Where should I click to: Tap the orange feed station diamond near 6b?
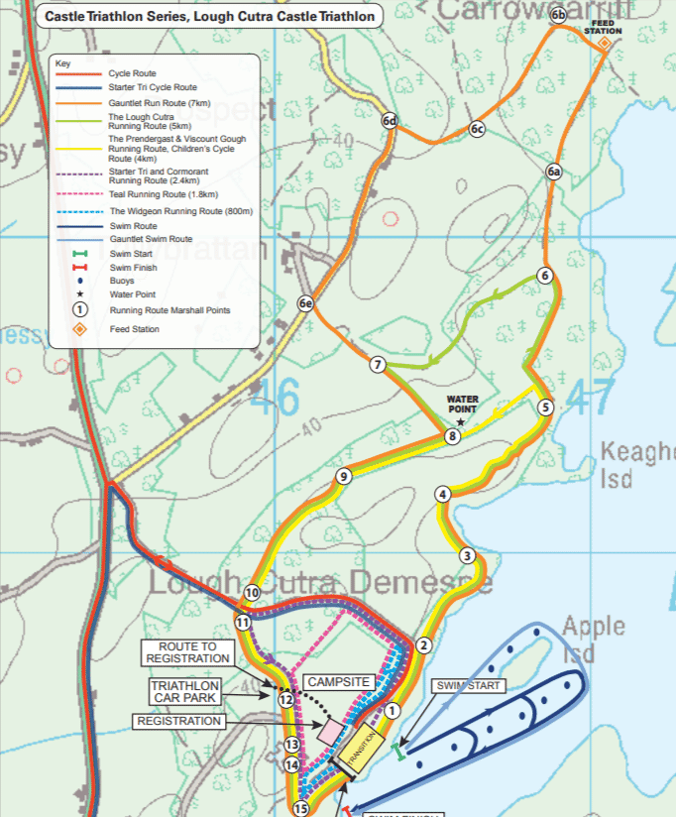603,43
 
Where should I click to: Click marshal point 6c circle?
477,129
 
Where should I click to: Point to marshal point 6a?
554,173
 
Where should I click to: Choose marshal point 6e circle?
306,303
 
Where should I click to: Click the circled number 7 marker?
377,365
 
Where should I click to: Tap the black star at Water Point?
460,422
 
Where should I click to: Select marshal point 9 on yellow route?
343,477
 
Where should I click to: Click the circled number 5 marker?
544,407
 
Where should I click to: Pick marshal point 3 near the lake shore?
467,555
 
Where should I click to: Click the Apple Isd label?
594,639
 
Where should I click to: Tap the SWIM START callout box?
469,685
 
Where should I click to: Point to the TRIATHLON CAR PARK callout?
185,691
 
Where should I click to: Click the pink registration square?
330,731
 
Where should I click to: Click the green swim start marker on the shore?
399,752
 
